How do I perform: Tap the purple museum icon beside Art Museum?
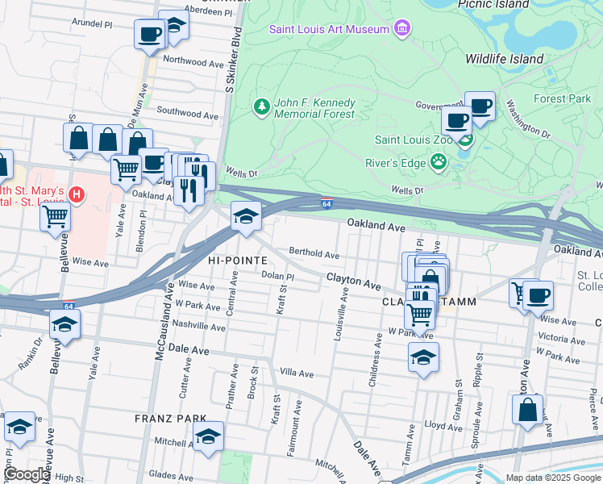pyautogui.click(x=401, y=30)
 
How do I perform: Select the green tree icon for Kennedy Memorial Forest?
pyautogui.click(x=261, y=106)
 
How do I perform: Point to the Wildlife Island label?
pyautogui.click(x=505, y=59)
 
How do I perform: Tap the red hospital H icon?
pyautogui.click(x=77, y=194)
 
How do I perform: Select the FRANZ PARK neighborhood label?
pyautogui.click(x=169, y=419)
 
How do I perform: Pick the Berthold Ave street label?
pyautogui.click(x=314, y=253)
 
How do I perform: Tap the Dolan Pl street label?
pyautogui.click(x=279, y=276)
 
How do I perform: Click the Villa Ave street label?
pyautogui.click(x=296, y=373)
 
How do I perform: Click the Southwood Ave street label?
pyautogui.click(x=188, y=115)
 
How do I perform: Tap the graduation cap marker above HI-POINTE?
pyautogui.click(x=246, y=216)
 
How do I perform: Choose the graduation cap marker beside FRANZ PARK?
pyautogui.click(x=208, y=436)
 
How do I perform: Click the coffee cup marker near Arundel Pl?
pyautogui.click(x=149, y=35)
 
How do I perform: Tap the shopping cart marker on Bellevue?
pyautogui.click(x=55, y=215)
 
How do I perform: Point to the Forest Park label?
pyautogui.click(x=562, y=98)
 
